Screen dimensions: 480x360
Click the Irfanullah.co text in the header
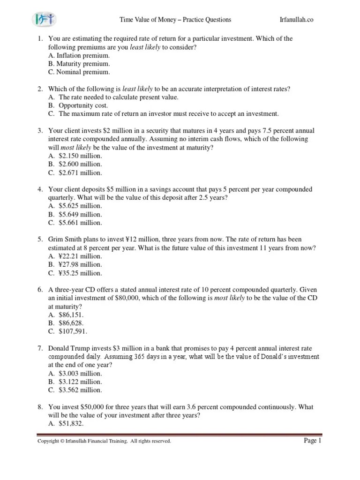coord(296,20)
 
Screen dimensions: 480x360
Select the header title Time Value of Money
coord(175,20)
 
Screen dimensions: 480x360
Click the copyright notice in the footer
coord(104,442)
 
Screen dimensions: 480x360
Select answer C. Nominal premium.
coord(79,72)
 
